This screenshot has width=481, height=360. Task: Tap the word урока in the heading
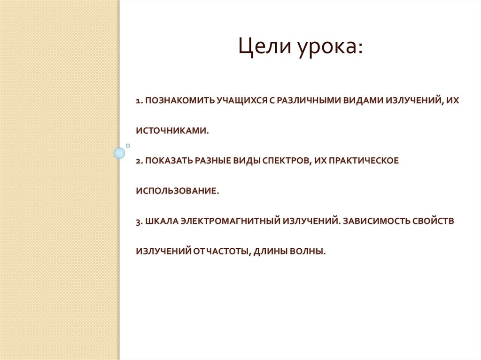click(329, 48)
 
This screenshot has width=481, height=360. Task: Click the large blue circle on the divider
click(120, 153)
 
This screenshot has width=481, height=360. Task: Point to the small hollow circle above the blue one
click(127, 146)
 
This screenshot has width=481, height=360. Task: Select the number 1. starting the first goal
click(140, 100)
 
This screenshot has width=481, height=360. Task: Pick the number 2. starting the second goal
click(140, 161)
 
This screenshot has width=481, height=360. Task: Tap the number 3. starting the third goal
click(140, 221)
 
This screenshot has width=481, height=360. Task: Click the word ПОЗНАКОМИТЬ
click(175, 100)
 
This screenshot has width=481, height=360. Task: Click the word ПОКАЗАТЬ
click(167, 161)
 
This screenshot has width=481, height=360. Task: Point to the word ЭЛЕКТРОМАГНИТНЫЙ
click(230, 221)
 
